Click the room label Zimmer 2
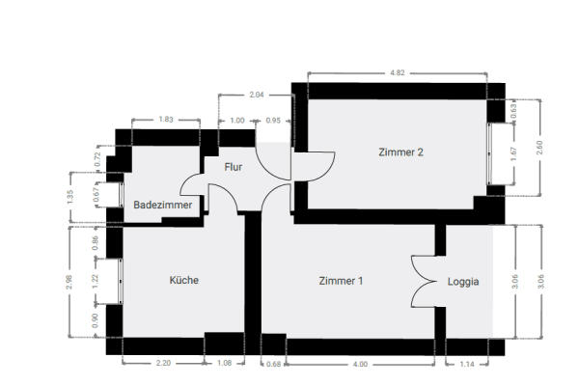point(401,152)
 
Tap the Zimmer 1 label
point(342,282)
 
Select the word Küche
point(184,281)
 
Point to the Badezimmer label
point(163,206)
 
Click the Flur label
point(233,167)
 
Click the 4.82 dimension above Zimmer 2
point(397,71)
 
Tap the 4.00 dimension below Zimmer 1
point(360,364)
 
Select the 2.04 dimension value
point(257,95)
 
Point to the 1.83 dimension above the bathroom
point(165,120)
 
